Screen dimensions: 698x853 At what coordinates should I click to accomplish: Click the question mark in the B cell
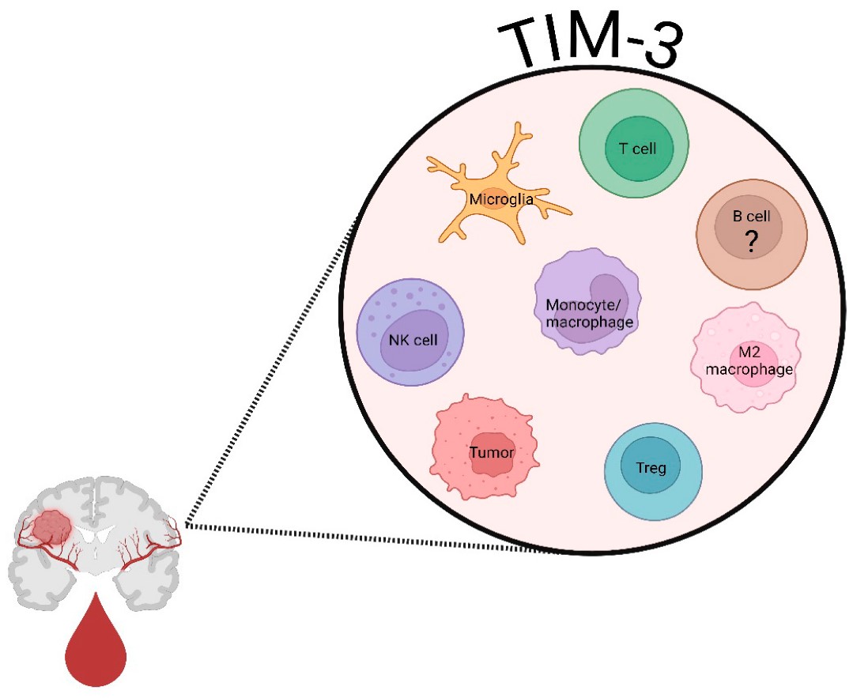(x=751, y=243)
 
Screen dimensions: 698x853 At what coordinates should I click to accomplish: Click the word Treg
(x=653, y=467)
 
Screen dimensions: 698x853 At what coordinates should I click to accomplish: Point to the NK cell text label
(x=413, y=340)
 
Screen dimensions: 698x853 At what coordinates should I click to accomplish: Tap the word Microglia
(x=500, y=199)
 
